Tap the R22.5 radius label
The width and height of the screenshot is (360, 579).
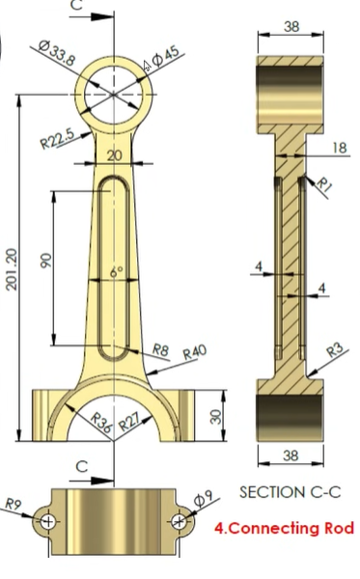click(57, 139)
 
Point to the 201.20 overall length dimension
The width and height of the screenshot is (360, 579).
click(10, 276)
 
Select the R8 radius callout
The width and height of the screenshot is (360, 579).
click(161, 350)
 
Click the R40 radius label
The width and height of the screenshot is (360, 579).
click(196, 353)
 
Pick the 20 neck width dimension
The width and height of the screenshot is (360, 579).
click(116, 155)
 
